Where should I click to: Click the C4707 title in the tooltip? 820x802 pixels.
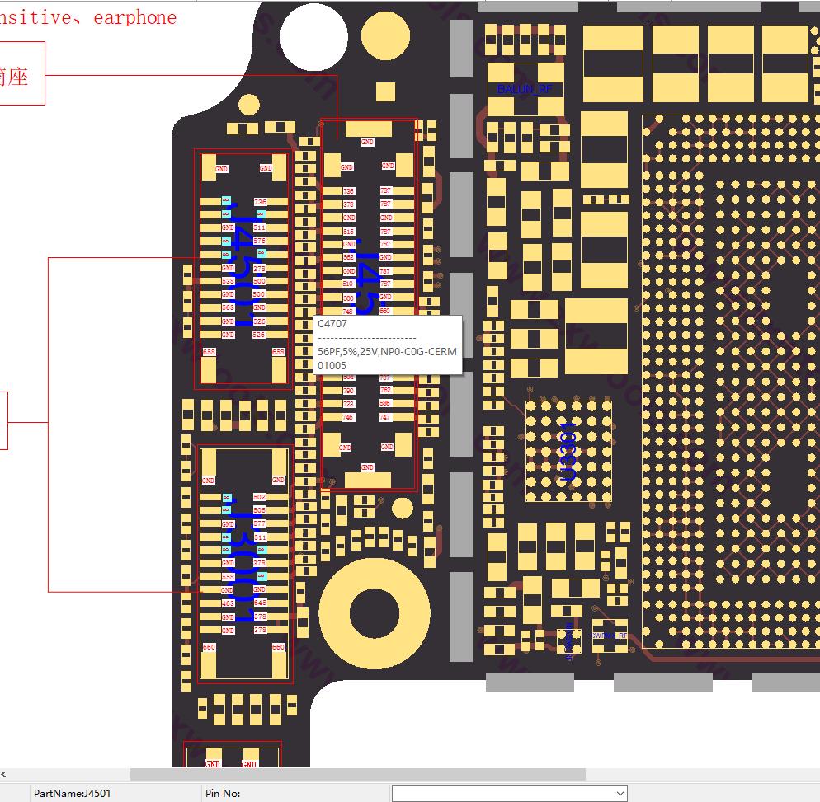pyautogui.click(x=332, y=324)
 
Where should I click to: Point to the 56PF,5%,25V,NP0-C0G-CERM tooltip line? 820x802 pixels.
pyautogui.click(x=387, y=351)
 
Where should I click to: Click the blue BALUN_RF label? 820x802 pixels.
pyautogui.click(x=525, y=89)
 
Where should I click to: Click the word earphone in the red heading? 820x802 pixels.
pyautogui.click(x=134, y=17)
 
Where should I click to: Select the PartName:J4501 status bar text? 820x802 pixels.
pyautogui.click(x=72, y=793)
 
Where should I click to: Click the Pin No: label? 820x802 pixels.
pyautogui.click(x=221, y=793)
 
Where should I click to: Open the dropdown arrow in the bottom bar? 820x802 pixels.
pyautogui.click(x=620, y=793)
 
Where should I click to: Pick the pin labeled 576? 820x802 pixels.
pyautogui.click(x=260, y=241)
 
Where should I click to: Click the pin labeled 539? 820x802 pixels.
pyautogui.click(x=229, y=281)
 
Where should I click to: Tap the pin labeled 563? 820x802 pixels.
pyautogui.click(x=229, y=307)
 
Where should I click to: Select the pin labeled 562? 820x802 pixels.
pyautogui.click(x=349, y=257)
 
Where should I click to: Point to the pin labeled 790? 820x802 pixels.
pyautogui.click(x=349, y=391)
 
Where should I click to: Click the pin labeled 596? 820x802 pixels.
pyautogui.click(x=385, y=404)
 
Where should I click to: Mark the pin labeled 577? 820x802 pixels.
pyautogui.click(x=260, y=523)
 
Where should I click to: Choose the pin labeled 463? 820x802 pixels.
pyautogui.click(x=229, y=603)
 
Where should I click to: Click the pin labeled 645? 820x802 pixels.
pyautogui.click(x=260, y=603)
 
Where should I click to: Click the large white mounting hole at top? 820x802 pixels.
pyautogui.click(x=313, y=37)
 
